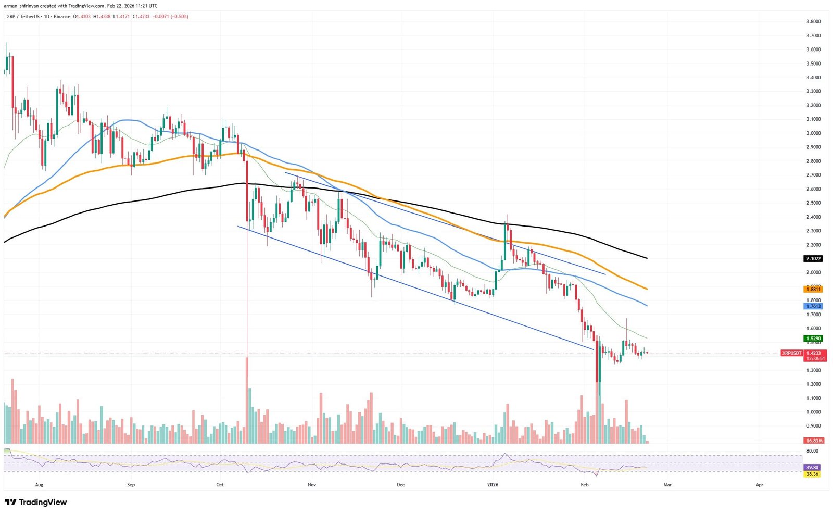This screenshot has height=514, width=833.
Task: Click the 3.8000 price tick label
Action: (x=813, y=22)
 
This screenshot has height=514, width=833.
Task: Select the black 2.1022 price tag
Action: (x=813, y=259)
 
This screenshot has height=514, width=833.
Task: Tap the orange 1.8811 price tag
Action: (x=813, y=289)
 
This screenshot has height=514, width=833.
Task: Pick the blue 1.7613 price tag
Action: (x=813, y=307)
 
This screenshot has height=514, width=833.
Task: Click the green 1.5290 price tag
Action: (x=813, y=339)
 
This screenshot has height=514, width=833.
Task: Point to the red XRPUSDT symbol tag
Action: (x=791, y=353)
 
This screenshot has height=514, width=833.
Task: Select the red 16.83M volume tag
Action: (x=813, y=441)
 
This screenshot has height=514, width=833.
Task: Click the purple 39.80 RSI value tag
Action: (x=812, y=468)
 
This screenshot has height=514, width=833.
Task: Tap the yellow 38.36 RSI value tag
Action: (x=812, y=474)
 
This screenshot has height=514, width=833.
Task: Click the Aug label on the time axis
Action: (x=39, y=485)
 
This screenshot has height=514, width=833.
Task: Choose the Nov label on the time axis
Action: (x=312, y=485)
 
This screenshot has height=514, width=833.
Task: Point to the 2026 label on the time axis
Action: (x=493, y=485)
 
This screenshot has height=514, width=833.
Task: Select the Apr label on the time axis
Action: (x=759, y=485)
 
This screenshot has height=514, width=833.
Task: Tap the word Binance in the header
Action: (x=62, y=17)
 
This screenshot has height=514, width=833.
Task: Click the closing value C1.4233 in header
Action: (x=141, y=17)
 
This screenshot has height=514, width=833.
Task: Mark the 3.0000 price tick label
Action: (x=813, y=133)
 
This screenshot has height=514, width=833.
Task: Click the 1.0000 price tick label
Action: (x=813, y=412)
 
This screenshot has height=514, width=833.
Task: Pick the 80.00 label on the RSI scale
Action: (x=812, y=451)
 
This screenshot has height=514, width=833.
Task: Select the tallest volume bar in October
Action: (x=247, y=401)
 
